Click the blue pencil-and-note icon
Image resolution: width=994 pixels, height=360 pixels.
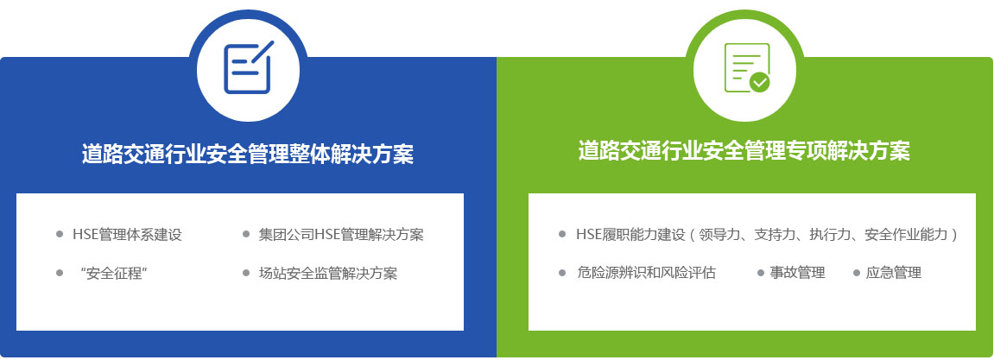(249, 67)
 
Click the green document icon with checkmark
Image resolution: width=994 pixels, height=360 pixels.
(747, 68)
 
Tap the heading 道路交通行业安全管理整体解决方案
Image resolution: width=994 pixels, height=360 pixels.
(248, 154)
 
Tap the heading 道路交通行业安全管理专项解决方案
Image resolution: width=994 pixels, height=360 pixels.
(744, 151)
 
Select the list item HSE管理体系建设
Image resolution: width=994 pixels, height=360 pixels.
(128, 235)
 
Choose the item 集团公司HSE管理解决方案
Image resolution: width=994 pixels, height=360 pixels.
(341, 235)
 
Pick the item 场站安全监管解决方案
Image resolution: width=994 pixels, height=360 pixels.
(328, 273)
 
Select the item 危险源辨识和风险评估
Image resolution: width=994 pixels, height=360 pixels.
(646, 273)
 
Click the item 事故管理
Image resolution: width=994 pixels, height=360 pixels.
(797, 273)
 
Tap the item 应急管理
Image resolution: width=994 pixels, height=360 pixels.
(894, 273)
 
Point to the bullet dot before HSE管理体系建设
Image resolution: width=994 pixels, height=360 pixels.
(60, 235)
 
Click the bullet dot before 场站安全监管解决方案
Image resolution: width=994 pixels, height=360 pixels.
(246, 273)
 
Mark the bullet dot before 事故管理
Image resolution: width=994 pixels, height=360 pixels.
(761, 273)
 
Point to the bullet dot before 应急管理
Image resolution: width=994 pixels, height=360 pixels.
(857, 273)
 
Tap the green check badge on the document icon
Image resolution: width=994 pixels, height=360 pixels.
(759, 82)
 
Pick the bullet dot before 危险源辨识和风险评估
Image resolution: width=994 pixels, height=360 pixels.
(561, 273)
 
